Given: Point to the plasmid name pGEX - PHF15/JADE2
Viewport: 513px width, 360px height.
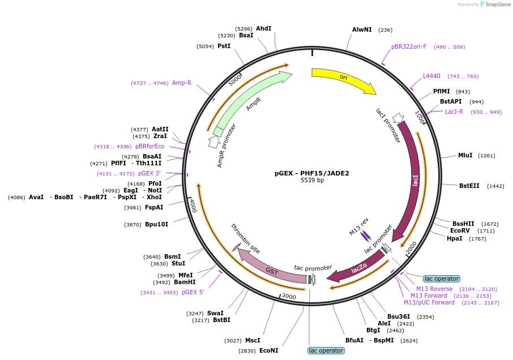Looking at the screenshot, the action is (x=312, y=173).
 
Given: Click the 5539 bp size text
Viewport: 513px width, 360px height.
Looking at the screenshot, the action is (x=312, y=180).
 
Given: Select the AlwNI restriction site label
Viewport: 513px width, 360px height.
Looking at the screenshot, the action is (x=362, y=29).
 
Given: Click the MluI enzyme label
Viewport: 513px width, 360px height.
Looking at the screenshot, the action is (x=465, y=155).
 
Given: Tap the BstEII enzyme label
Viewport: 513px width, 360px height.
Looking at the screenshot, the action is (x=469, y=186).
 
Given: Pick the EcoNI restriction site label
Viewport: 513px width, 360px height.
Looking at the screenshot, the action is (x=268, y=350).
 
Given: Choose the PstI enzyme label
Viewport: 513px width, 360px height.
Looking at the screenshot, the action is (x=224, y=46).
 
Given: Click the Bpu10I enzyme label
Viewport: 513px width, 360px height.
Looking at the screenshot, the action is (x=156, y=224).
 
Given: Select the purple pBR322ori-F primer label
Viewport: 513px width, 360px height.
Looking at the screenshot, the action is (x=409, y=46).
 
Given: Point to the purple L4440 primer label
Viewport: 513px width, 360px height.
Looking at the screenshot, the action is (x=431, y=76).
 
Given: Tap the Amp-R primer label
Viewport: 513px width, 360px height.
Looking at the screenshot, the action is (x=182, y=83).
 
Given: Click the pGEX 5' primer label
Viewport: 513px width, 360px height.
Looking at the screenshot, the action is (x=193, y=292).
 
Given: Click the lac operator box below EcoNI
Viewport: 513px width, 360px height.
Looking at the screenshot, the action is (x=326, y=350).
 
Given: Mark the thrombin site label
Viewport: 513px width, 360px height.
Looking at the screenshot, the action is (x=245, y=239).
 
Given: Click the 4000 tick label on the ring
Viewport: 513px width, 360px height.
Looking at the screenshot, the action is (x=193, y=205).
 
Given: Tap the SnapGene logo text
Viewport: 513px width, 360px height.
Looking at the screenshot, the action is (x=498, y=5).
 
